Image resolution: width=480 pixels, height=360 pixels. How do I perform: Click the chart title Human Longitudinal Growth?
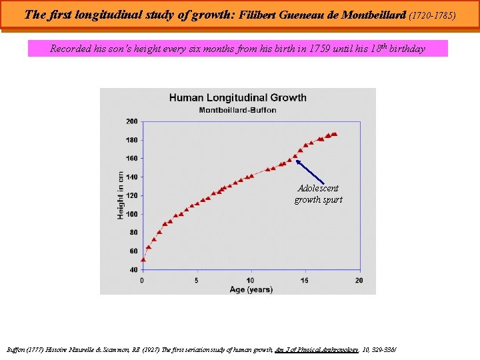(237, 97)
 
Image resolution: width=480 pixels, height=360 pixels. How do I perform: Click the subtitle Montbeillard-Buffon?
(237, 110)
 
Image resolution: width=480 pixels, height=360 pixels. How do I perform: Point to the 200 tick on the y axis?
(131, 121)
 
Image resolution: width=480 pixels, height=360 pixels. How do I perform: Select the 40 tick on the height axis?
(133, 270)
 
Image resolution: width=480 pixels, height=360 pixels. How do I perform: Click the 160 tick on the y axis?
(131, 159)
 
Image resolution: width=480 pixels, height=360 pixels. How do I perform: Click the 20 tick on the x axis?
(359, 280)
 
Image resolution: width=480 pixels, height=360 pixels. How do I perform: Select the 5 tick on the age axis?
(197, 280)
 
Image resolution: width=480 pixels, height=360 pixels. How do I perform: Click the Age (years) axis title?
(251, 289)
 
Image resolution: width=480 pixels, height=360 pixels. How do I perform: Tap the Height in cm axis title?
(121, 195)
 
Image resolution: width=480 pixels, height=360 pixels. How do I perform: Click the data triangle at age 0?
(143, 259)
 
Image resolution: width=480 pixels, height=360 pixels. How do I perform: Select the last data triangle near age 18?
(335, 133)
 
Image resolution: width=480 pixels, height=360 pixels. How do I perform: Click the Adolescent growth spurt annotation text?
(318, 194)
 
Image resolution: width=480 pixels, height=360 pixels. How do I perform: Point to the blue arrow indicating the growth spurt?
(309, 171)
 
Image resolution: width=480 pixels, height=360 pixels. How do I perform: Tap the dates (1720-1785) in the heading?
(433, 14)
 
